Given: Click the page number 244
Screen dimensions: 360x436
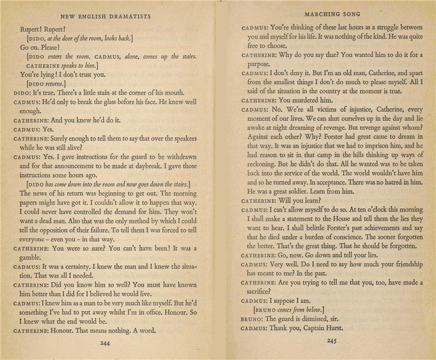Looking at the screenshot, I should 106,343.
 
